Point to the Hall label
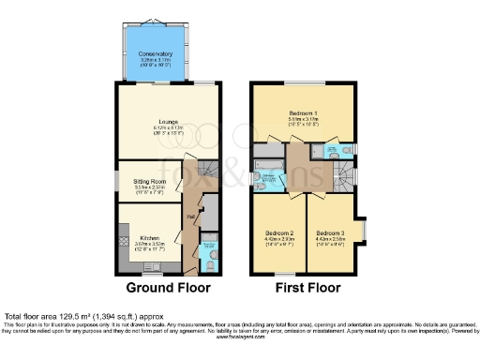(x=191, y=217)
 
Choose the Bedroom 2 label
(x=279, y=232)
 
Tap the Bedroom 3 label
(x=328, y=232)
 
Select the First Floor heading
(x=304, y=287)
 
